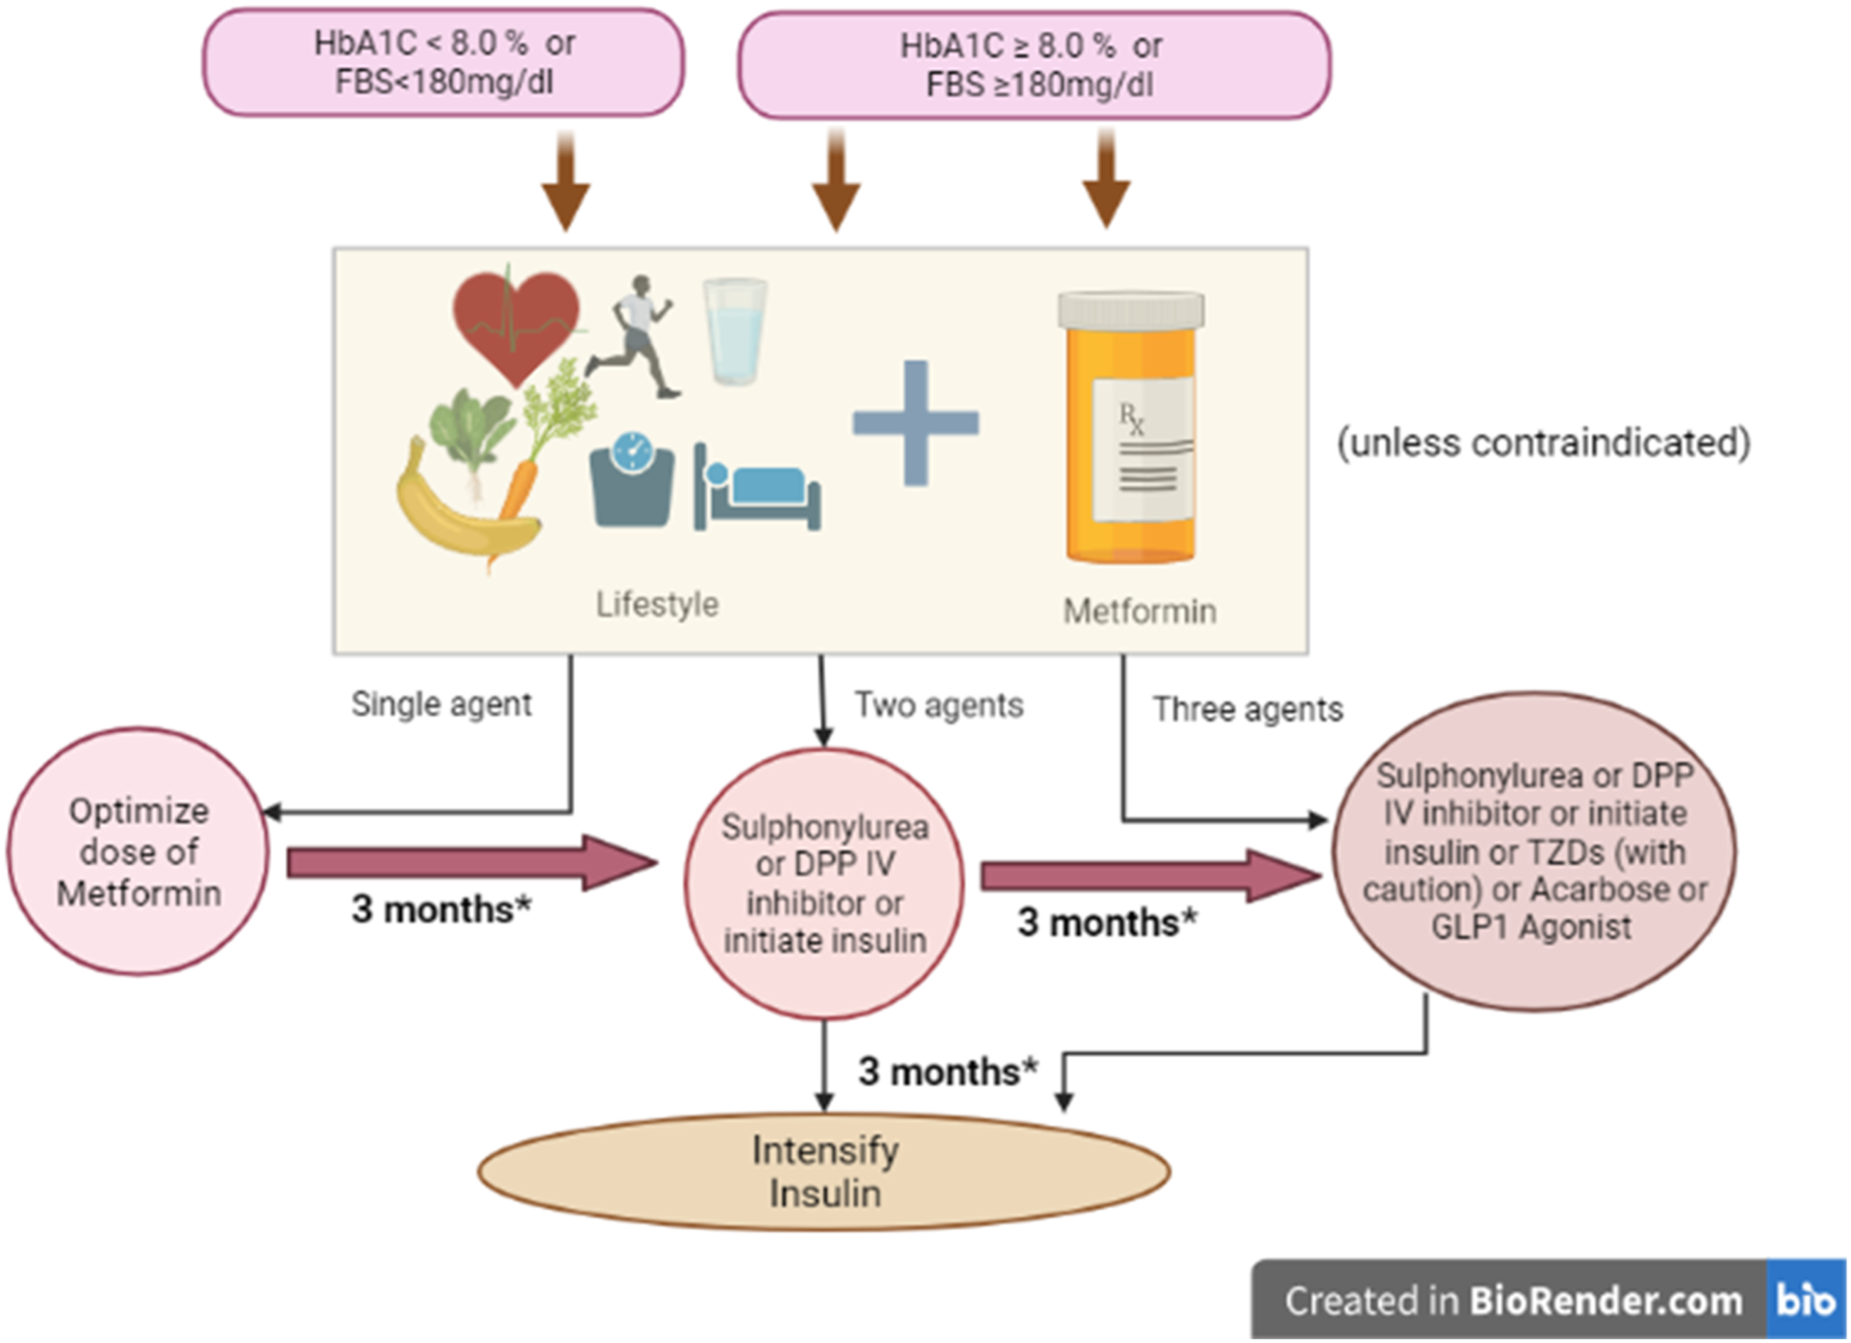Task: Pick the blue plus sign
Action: [x=916, y=423]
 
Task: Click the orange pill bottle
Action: [x=1131, y=428]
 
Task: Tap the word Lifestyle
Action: [x=657, y=605]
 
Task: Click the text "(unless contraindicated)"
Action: [x=1543, y=443]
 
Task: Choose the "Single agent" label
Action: [x=442, y=704]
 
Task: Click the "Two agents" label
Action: [x=938, y=705]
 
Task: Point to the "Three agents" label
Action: [x=1247, y=709]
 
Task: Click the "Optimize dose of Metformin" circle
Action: [x=138, y=851]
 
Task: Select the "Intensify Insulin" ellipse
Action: [x=824, y=1172]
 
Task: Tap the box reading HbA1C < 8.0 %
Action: [x=444, y=63]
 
